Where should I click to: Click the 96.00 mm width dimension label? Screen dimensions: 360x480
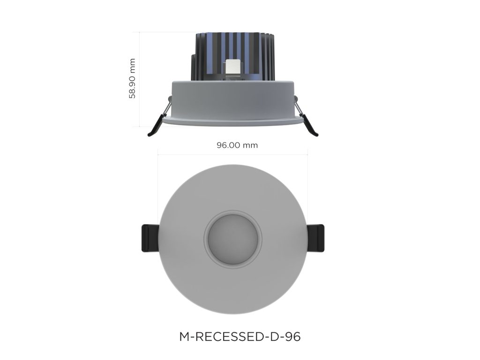[x=237, y=145]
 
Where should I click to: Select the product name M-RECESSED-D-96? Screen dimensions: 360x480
[x=240, y=337]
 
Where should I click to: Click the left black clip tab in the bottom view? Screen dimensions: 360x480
[x=149, y=238]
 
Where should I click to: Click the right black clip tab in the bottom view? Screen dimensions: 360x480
[x=316, y=238]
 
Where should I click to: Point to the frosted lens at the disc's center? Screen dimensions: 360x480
[x=233, y=239]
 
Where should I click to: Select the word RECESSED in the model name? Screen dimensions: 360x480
[x=227, y=337]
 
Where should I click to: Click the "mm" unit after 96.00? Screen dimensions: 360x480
[x=249, y=145]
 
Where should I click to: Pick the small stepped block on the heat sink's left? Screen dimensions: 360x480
[x=193, y=66]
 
